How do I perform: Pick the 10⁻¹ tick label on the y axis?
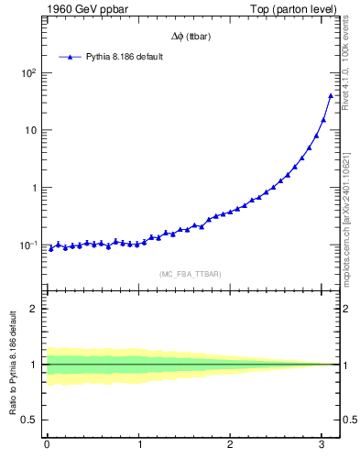point(29,245)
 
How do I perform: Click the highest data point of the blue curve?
point(331,95)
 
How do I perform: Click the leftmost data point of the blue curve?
point(51,248)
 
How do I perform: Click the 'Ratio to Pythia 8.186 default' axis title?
point(12,365)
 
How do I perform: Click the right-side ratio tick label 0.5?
point(348,420)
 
